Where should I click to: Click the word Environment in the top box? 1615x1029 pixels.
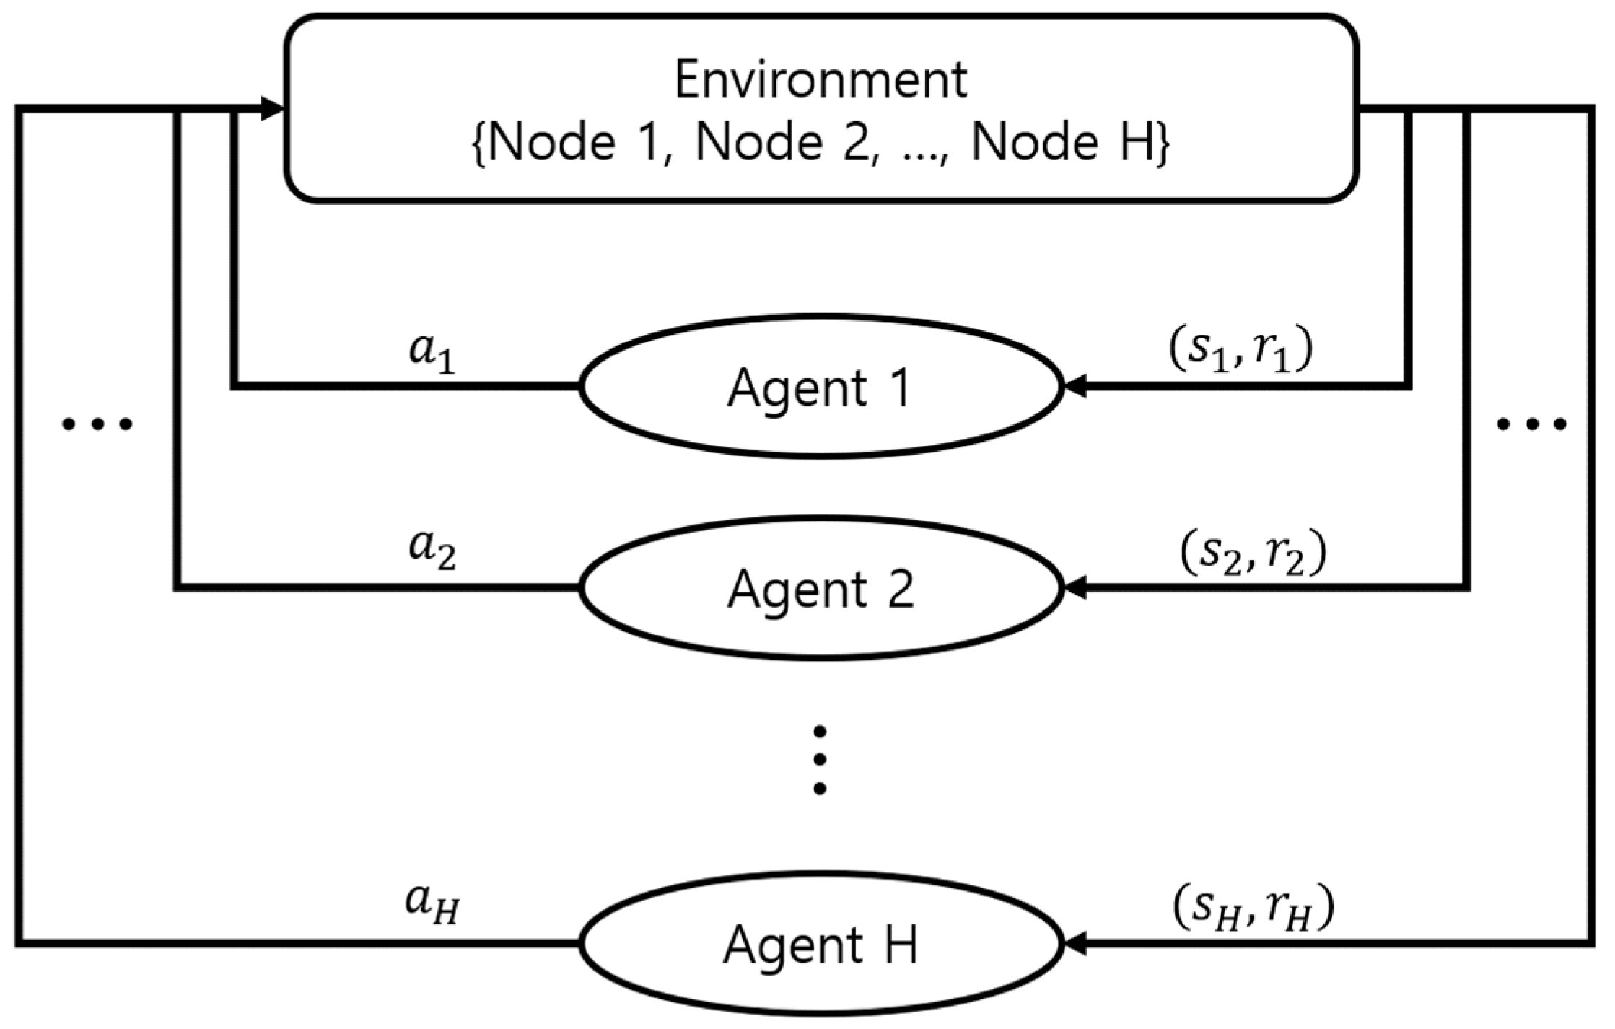click(x=820, y=81)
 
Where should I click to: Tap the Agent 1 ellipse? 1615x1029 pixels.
click(x=820, y=387)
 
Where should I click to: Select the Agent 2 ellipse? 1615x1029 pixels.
click(x=820, y=589)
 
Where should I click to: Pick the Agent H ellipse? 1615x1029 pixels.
click(x=820, y=944)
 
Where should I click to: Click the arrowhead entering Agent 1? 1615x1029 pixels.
click(x=1075, y=387)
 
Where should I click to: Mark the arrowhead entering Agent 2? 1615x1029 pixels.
click(x=1075, y=589)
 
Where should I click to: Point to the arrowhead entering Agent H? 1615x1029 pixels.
click(x=1075, y=943)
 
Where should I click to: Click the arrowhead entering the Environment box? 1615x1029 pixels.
click(x=273, y=110)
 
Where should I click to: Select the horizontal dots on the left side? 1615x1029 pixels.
click(x=97, y=424)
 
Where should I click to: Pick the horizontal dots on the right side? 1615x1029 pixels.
click(x=1531, y=424)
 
